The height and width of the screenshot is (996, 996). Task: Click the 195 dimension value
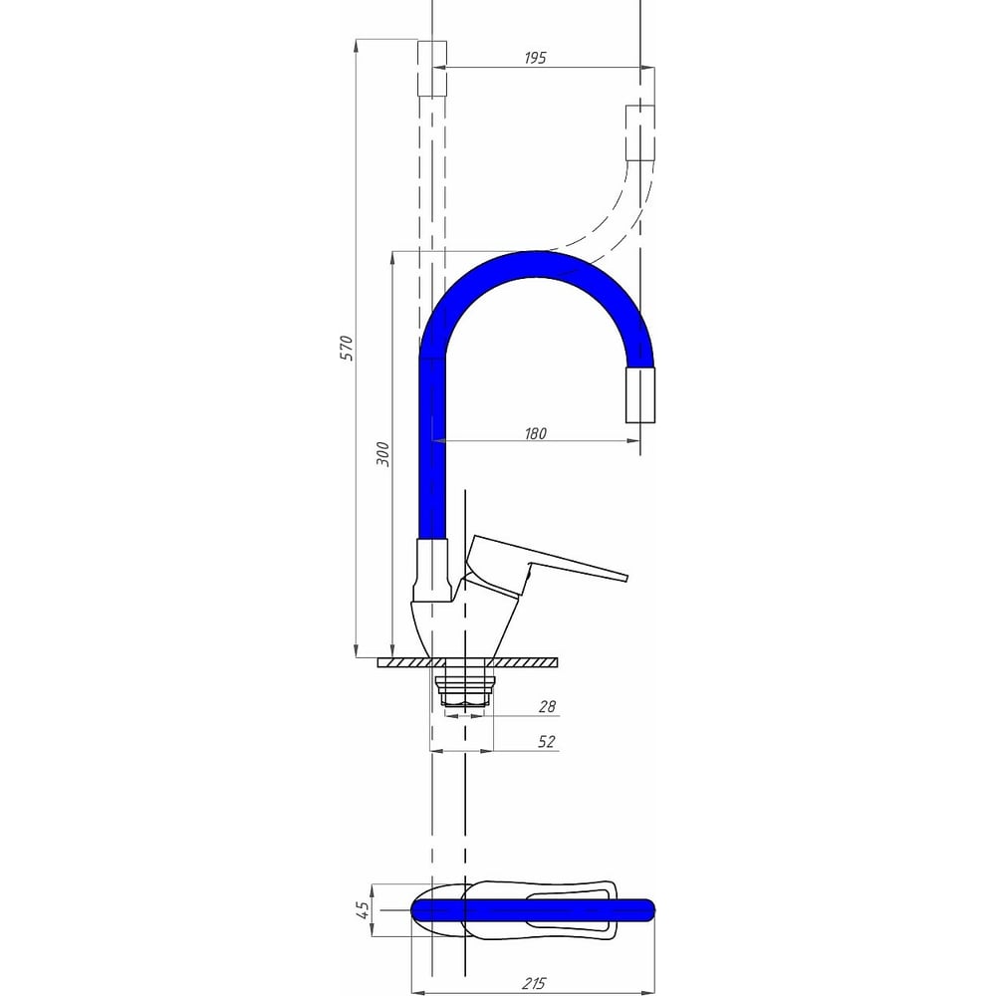pos(535,58)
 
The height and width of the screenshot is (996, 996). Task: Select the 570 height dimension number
pos(347,348)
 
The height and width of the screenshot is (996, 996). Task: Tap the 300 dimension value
pos(383,453)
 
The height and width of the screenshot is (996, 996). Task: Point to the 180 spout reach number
pos(535,433)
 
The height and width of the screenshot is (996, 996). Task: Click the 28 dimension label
pos(547,706)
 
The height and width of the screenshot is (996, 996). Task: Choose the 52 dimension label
pos(546,741)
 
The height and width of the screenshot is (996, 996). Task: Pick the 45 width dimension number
pos(363,909)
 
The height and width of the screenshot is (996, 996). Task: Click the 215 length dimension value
pos(534,983)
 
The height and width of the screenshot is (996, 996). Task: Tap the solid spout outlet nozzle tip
pos(640,394)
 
